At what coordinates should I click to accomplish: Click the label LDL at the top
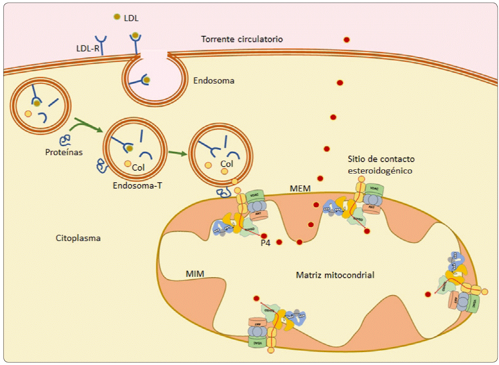click(x=131, y=18)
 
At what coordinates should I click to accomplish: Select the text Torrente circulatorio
click(x=242, y=39)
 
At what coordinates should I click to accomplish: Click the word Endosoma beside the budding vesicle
click(x=213, y=81)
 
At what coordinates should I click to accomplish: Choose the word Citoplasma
click(x=78, y=238)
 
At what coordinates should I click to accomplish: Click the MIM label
click(x=195, y=274)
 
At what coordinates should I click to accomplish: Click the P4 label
click(x=265, y=244)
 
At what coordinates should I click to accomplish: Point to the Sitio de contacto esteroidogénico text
click(x=381, y=164)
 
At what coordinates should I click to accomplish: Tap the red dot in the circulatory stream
click(x=347, y=40)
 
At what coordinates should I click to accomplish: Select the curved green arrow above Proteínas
click(x=87, y=124)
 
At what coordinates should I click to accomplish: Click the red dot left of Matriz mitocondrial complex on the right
click(x=428, y=294)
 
